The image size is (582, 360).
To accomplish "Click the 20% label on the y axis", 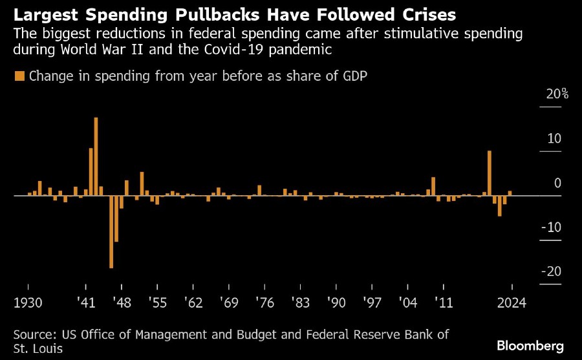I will coord(557,94).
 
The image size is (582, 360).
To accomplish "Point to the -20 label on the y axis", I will coord(554,271).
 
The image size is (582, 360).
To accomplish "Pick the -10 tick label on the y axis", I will coord(554,228).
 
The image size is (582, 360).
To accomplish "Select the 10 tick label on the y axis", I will coord(555,139).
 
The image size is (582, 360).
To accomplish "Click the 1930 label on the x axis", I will coord(27,302).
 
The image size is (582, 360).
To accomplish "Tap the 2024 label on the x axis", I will coord(512,302).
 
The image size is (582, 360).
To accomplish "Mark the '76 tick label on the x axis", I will coord(264,302).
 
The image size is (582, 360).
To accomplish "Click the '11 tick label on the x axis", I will coord(443,302).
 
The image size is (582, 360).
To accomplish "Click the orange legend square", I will coord(19,76).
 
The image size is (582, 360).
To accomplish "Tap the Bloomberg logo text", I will coord(530,346).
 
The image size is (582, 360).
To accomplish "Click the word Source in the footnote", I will coord(34,334).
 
